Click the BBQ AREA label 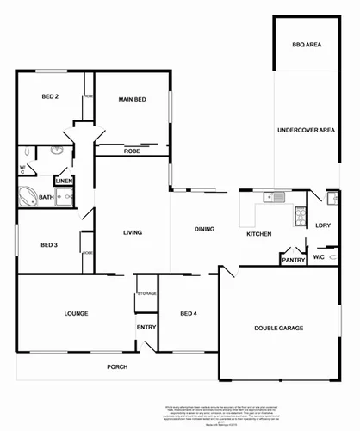pos(307,43)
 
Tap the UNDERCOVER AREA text pos(306,130)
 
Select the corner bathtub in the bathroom pos(26,197)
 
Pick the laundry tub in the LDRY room pos(331,200)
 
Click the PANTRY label pos(294,259)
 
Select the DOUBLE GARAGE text pos(277,328)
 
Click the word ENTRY pos(146,327)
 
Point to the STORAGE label pos(146,294)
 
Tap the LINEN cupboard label pos(64,182)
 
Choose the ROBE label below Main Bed pos(132,151)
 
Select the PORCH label pos(117,367)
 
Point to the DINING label pos(204,229)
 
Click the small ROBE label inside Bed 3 pos(88,253)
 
